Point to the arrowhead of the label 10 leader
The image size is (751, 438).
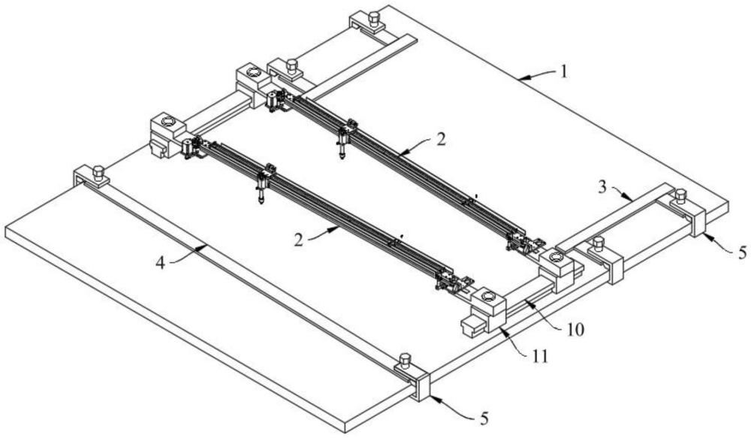[x=527, y=301]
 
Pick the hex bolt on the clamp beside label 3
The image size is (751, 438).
[x=680, y=197]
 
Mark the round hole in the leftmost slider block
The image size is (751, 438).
[x=167, y=120]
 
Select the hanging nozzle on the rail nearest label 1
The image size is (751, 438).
[x=342, y=144]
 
